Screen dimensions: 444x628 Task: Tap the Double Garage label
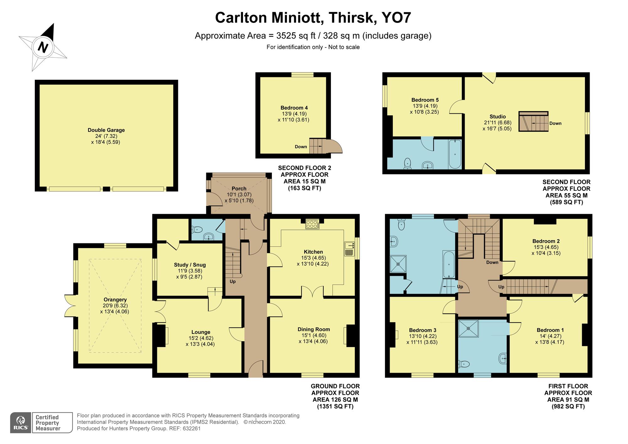(106, 130)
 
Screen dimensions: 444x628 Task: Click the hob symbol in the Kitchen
(312, 224)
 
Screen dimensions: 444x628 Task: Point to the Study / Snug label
(190, 265)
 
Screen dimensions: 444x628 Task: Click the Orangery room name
(115, 299)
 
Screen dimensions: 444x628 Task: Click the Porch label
(239, 188)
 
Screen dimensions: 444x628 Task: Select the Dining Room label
(314, 329)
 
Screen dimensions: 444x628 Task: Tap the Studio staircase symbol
(533, 122)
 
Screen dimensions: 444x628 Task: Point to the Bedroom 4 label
(292, 108)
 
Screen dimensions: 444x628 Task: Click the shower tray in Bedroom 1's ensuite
(468, 328)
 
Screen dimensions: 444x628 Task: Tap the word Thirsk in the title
(351, 18)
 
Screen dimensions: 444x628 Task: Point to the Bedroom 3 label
(423, 330)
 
